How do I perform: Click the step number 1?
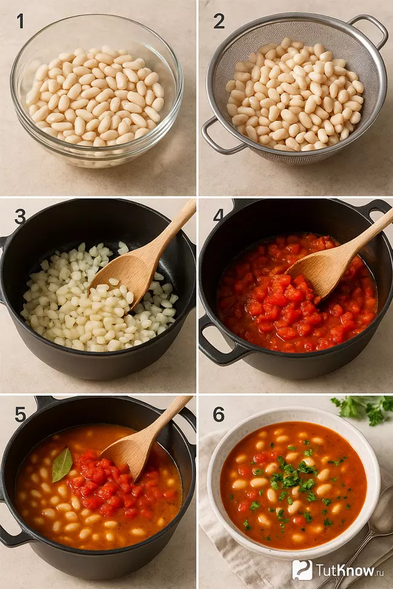[21, 21]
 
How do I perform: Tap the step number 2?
[219, 21]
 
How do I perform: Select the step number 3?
[20, 216]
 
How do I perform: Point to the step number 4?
[218, 215]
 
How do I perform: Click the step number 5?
[21, 414]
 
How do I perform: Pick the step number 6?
[219, 414]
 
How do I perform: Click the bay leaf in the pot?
[62, 465]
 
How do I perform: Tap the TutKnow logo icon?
[302, 570]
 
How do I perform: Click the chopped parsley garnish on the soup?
[291, 479]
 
